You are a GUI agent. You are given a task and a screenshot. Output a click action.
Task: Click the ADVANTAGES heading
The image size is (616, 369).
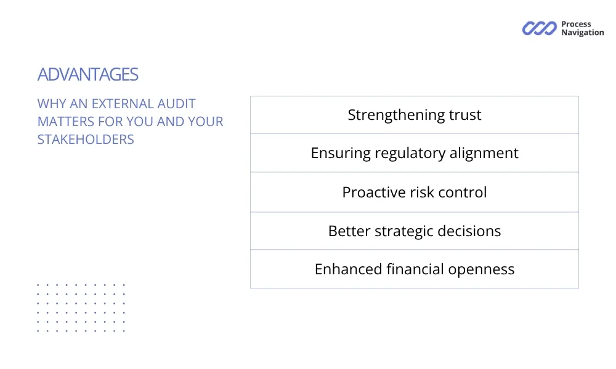click(x=87, y=74)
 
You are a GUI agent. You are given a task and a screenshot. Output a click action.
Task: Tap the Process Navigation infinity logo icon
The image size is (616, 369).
click(x=540, y=28)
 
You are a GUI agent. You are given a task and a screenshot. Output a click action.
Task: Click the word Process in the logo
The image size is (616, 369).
click(x=576, y=24)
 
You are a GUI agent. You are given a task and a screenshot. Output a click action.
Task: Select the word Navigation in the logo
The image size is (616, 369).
click(x=583, y=33)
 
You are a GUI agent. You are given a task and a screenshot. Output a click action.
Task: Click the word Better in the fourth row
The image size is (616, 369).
click(x=349, y=231)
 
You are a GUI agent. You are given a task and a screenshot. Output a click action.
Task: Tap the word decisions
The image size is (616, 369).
click(x=469, y=231)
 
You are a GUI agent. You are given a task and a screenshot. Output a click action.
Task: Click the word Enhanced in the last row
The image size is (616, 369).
click(x=348, y=269)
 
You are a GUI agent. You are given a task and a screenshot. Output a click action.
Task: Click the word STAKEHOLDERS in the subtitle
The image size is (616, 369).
click(x=86, y=140)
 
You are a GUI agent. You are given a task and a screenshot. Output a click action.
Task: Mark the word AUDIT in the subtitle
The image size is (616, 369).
click(x=176, y=104)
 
